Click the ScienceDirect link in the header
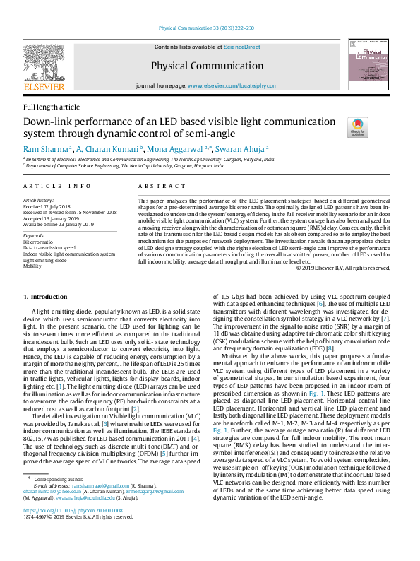tap(241, 47)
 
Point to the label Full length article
tap(52, 107)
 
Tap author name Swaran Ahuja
tap(241, 150)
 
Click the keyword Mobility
tap(33, 267)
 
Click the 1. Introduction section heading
tap(46, 297)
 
